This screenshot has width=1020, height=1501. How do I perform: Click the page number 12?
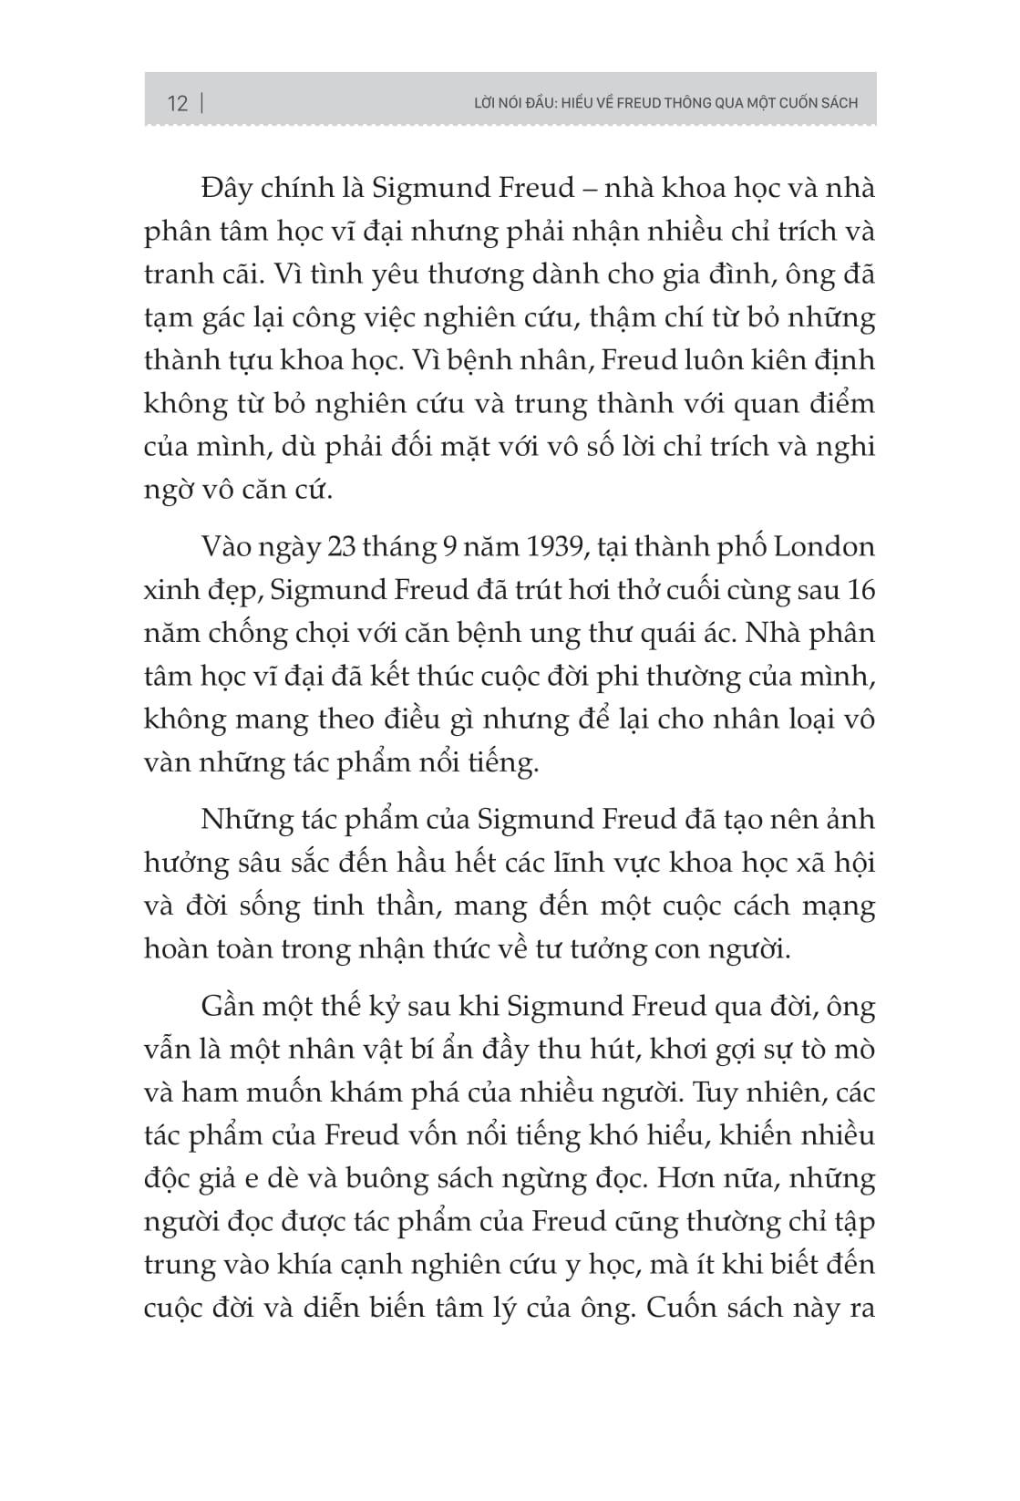(x=178, y=103)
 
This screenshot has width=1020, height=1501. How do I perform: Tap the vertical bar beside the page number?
(x=201, y=102)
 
